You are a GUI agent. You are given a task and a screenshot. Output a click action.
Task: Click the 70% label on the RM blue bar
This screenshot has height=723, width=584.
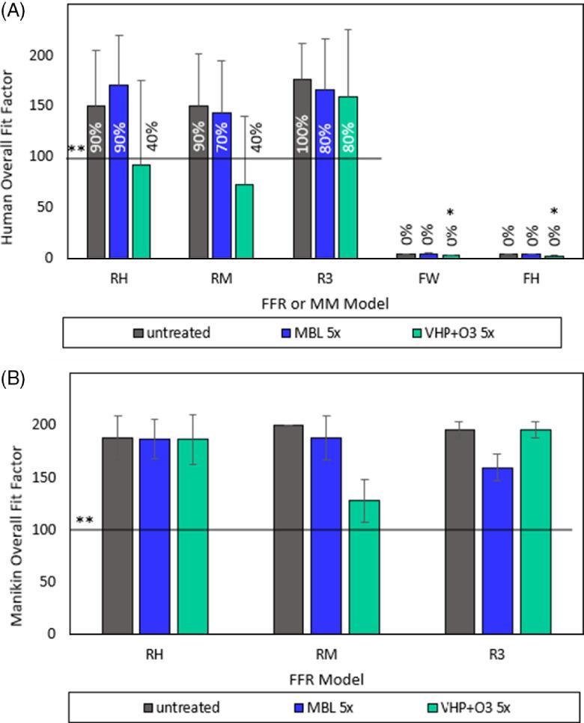pos(221,138)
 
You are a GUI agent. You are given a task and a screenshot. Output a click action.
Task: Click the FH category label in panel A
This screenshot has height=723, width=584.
pos(531,284)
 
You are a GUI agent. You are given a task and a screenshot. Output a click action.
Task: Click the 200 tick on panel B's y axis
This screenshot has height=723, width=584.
pos(58,425)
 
